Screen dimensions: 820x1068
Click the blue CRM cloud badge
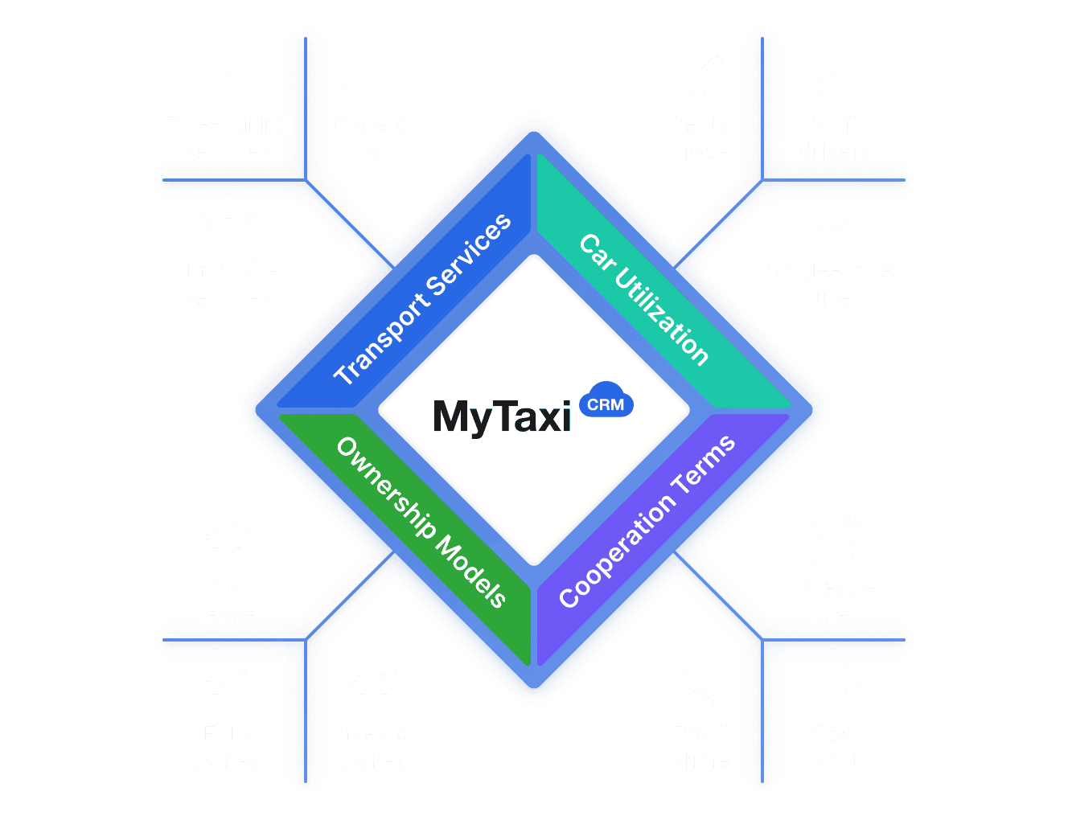tap(606, 403)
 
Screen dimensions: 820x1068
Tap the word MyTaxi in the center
tap(502, 416)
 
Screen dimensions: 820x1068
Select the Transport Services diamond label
tap(422, 299)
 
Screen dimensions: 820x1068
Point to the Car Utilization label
tap(644, 299)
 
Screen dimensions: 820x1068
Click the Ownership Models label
tap(421, 522)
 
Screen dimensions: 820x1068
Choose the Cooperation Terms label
tap(647, 522)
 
